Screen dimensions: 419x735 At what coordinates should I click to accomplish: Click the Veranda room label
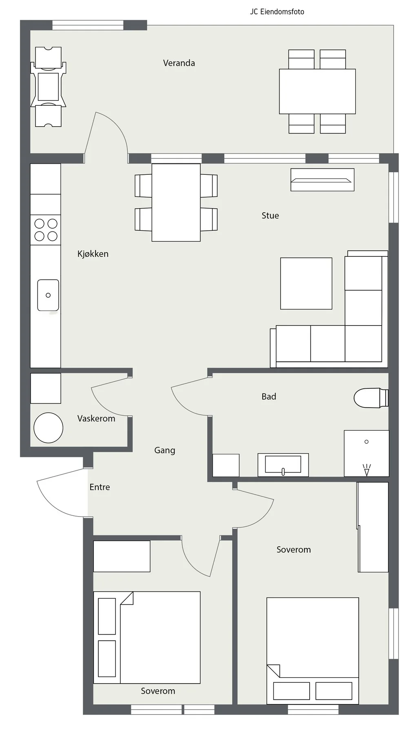tap(179, 63)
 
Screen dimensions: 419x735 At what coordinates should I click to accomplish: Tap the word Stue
tap(270, 216)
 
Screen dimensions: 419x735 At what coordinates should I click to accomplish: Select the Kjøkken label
tap(93, 254)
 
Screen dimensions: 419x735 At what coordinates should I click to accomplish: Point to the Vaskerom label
tap(96, 419)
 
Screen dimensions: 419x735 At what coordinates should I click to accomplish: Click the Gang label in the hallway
tap(164, 450)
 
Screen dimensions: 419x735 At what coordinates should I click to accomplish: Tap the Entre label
tap(100, 487)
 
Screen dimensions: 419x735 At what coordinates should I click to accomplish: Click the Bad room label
tap(269, 396)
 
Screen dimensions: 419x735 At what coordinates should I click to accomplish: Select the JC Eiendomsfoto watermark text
tap(277, 12)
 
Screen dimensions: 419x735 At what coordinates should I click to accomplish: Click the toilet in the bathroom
tap(371, 398)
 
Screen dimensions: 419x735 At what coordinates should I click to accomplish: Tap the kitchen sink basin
tap(48, 295)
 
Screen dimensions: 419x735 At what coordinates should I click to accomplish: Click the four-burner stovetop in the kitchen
tap(46, 230)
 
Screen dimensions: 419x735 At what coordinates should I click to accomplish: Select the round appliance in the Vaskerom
tap(48, 428)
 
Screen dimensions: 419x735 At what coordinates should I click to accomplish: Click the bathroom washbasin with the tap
tap(283, 465)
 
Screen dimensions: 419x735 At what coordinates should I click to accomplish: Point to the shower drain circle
tap(366, 442)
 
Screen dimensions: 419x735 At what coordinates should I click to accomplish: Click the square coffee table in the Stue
tap(306, 283)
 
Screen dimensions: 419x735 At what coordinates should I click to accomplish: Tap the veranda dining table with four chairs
tap(317, 91)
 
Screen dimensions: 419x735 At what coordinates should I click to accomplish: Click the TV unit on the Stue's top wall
tap(322, 180)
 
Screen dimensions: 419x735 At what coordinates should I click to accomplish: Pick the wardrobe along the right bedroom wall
tap(373, 527)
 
